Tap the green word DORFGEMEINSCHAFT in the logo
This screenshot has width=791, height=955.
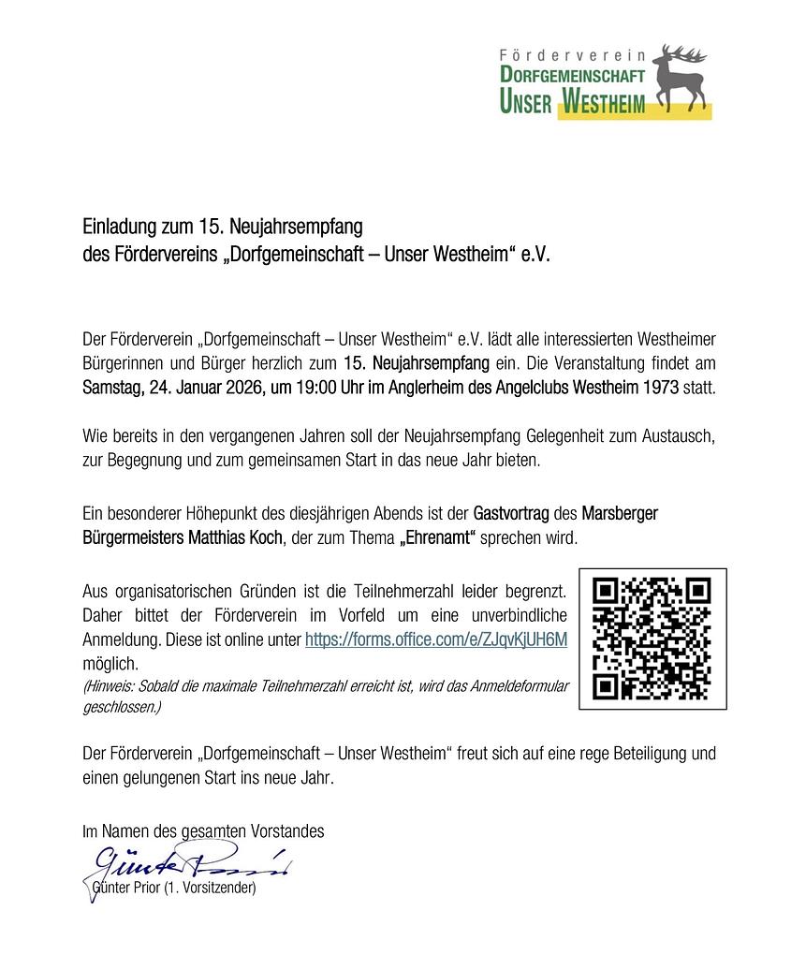point(570,74)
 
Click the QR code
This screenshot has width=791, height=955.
point(652,639)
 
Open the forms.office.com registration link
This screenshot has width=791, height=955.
point(436,639)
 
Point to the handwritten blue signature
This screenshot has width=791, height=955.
point(187,861)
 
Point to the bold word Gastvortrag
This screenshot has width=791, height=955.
point(513,514)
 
